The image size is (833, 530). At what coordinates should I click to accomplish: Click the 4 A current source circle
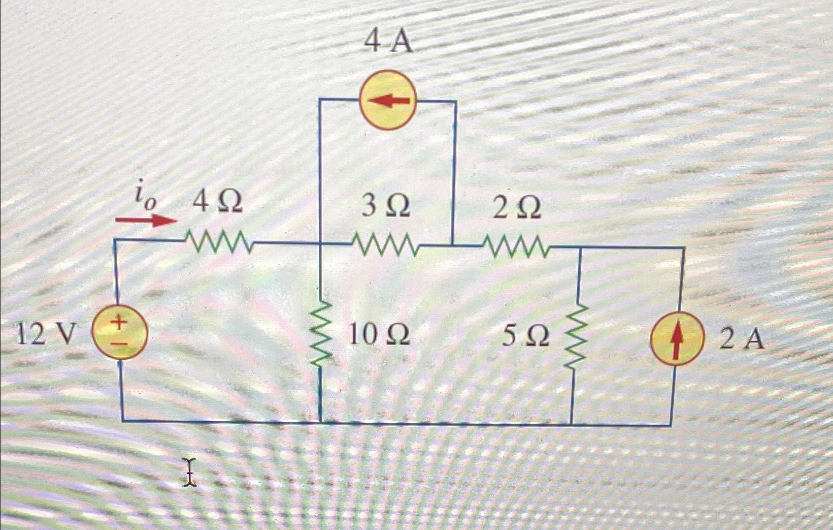pyautogui.click(x=388, y=100)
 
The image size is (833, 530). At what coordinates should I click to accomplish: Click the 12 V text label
pyautogui.click(x=47, y=335)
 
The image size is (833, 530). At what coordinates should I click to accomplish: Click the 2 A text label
pyautogui.click(x=741, y=339)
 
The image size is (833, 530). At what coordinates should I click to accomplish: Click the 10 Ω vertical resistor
pyautogui.click(x=320, y=334)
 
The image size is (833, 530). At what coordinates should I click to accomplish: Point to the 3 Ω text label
pyautogui.click(x=386, y=206)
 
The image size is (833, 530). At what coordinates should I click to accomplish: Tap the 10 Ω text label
pyautogui.click(x=378, y=335)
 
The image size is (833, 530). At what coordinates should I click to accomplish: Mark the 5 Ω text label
pyautogui.click(x=525, y=337)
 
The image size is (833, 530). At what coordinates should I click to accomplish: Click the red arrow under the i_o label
pyautogui.click(x=146, y=220)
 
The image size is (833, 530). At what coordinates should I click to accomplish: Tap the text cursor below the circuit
pyautogui.click(x=190, y=472)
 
